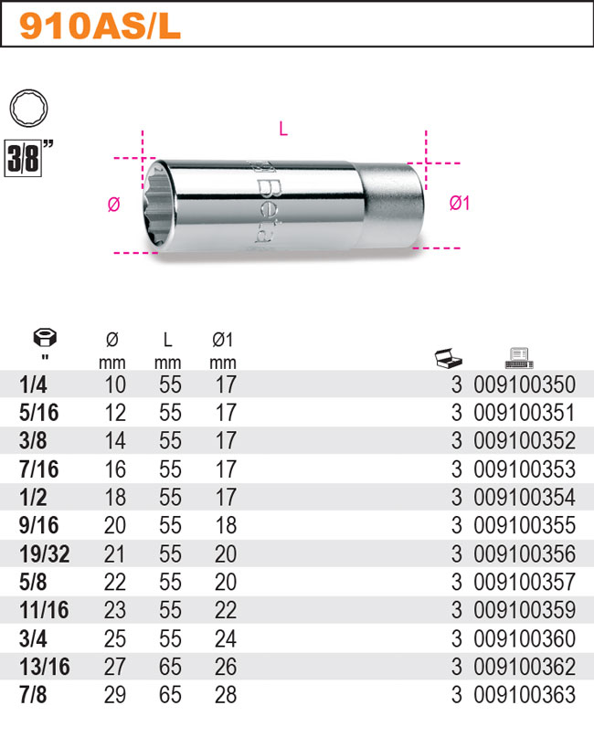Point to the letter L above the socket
pyautogui.click(x=283, y=130)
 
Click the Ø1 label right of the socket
pyautogui.click(x=459, y=204)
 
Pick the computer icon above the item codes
pyautogui.click(x=518, y=356)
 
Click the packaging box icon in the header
pyautogui.click(x=450, y=357)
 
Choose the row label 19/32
pyautogui.click(x=42, y=553)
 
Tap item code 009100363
pyautogui.click(x=525, y=695)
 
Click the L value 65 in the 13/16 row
pyautogui.click(x=170, y=667)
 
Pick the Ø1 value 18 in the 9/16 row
pyautogui.click(x=224, y=525)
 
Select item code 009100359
pyautogui.click(x=525, y=610)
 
